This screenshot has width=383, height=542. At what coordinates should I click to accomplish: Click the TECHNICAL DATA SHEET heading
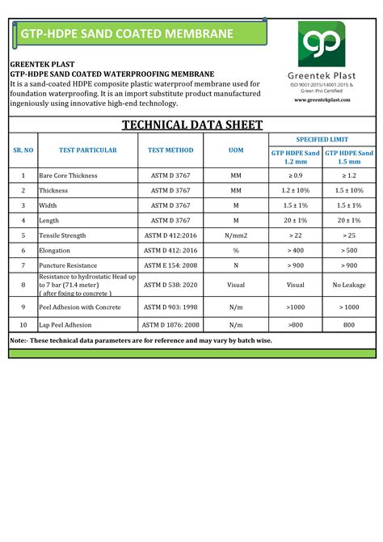coord(191,125)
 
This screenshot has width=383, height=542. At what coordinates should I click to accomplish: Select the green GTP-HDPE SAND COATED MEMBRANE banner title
coord(127,34)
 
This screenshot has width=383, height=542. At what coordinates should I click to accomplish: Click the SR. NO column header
coord(23,150)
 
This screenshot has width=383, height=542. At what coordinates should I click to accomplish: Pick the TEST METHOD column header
coord(170,150)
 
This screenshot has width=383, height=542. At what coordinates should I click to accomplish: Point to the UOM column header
coord(236,150)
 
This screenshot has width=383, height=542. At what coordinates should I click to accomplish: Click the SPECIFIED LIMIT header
coord(322,139)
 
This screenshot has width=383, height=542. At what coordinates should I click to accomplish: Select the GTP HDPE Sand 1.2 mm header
coord(296,157)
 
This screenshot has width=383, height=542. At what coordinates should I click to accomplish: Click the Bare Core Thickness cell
coord(69,175)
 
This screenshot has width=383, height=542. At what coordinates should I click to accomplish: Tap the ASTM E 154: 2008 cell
coord(170,265)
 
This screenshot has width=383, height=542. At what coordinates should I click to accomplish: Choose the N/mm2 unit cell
coord(236,235)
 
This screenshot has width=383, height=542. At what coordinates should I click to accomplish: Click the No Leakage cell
coord(349,285)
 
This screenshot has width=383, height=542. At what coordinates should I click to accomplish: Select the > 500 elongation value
coord(349,250)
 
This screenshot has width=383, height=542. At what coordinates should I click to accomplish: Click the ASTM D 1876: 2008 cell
coord(170,324)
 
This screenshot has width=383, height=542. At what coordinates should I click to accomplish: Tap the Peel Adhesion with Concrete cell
coord(81,307)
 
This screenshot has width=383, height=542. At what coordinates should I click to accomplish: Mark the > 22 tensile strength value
coord(296,235)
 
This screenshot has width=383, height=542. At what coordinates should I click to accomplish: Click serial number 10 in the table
coord(23,324)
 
